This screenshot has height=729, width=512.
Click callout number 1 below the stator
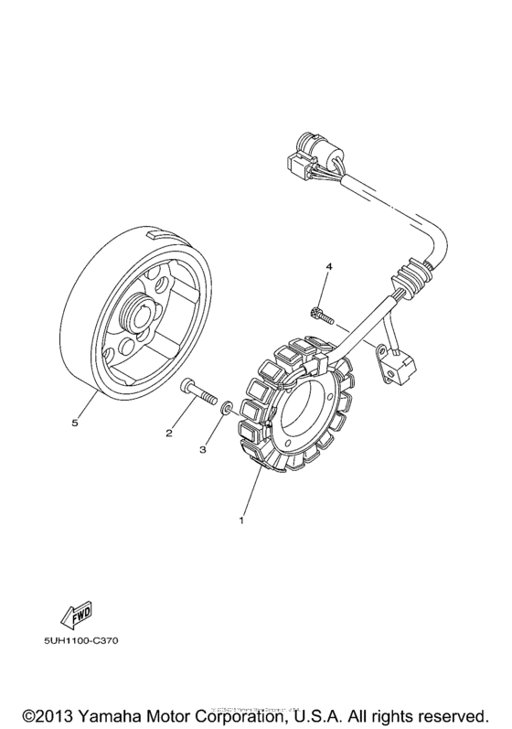241,521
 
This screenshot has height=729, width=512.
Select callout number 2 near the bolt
169,433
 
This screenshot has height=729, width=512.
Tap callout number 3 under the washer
205,449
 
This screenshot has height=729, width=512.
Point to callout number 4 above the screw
330,267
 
